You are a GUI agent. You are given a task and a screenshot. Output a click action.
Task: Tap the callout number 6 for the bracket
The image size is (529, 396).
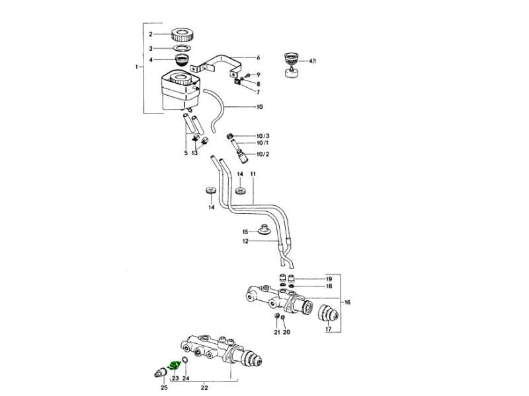(259, 57)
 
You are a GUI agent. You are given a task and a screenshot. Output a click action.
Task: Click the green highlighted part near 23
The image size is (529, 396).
(175, 366)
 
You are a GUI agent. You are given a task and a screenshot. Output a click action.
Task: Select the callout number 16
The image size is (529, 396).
(347, 302)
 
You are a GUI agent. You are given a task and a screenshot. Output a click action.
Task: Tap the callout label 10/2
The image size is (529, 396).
(263, 154)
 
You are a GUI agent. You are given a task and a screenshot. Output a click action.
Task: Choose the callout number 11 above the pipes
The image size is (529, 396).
(253, 174)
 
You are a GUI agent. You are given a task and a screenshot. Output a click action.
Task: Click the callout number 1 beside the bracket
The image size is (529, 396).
(138, 67)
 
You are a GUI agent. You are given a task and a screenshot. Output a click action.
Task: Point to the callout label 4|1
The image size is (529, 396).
(313, 61)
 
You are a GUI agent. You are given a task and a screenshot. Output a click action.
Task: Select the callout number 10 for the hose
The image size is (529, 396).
(259, 107)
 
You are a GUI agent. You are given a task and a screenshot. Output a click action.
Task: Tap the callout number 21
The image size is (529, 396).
(276, 332)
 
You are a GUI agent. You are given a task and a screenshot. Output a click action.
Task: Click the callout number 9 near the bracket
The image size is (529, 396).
(258, 75)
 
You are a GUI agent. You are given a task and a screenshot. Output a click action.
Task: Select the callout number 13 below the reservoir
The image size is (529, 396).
(194, 153)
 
